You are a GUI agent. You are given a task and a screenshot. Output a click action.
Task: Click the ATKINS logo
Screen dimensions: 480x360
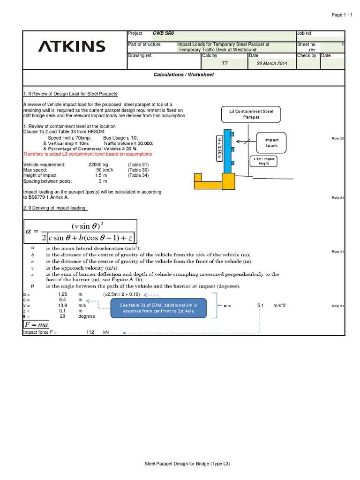tap(71, 46)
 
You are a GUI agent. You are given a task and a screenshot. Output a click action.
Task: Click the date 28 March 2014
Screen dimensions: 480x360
tap(271, 63)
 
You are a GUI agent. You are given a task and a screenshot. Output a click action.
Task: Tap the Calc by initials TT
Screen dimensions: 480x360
tap(224, 63)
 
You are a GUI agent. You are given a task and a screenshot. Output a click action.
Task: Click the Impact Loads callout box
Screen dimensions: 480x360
tap(271, 142)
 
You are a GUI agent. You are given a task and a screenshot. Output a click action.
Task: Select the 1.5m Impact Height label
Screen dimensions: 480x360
tap(264, 161)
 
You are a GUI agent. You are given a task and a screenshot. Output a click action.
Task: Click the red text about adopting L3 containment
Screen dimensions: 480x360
tap(88, 154)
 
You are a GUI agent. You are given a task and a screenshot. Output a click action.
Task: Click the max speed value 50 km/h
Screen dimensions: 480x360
tap(102, 170)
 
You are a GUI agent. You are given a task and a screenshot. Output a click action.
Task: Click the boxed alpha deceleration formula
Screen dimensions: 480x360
tap(80, 232)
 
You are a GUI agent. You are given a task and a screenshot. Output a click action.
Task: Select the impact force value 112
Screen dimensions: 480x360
tap(90, 332)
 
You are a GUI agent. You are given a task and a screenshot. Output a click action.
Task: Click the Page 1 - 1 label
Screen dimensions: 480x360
tap(340, 15)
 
